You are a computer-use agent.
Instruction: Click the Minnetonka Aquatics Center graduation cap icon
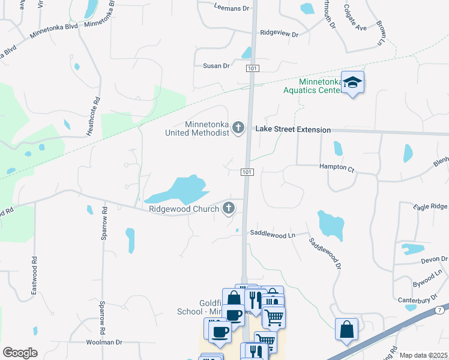354,83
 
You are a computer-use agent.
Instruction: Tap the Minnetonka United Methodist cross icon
238,127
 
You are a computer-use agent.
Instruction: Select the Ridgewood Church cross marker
228,208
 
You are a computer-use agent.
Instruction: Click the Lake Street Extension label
293,130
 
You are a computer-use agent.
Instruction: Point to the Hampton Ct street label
337,168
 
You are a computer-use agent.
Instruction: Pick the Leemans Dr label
231,8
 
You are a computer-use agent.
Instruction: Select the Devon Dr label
434,259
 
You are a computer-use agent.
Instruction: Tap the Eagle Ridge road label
430,206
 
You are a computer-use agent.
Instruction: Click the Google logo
20,353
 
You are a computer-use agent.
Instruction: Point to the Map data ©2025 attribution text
423,355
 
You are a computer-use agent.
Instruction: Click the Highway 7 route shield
440,310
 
